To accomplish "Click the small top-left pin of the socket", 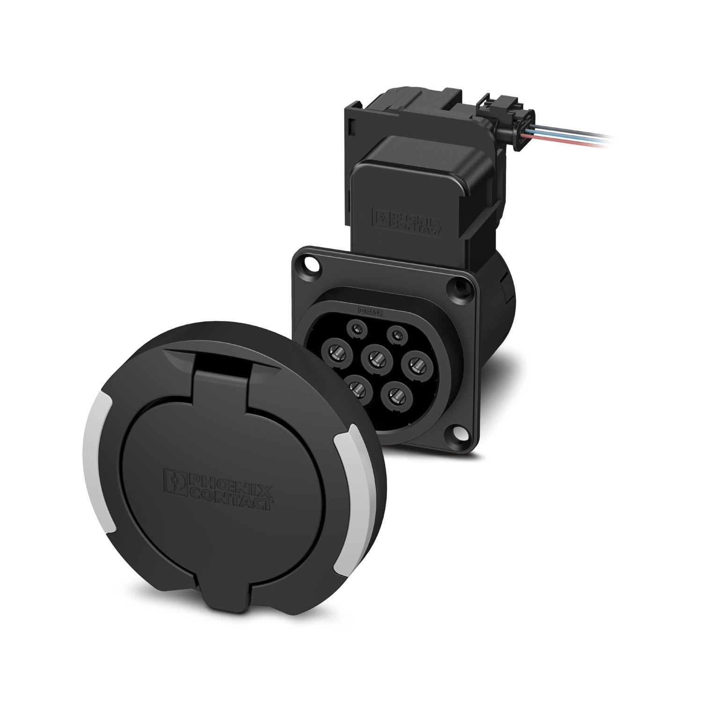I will [357, 329].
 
